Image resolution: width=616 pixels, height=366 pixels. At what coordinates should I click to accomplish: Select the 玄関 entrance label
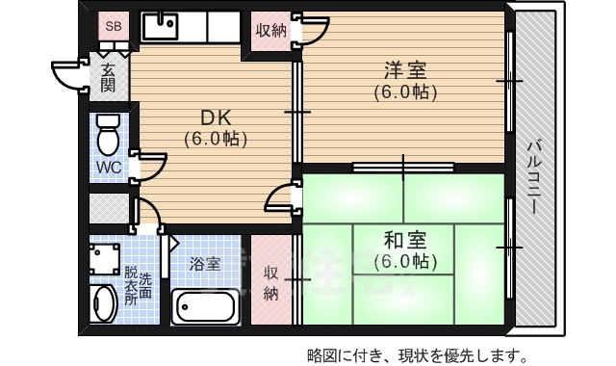(x=108, y=75)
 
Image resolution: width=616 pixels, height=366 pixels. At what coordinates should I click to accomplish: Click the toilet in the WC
(x=108, y=134)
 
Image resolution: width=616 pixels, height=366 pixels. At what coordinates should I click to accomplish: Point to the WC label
(x=108, y=167)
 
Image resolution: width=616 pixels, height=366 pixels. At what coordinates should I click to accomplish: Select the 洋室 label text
(x=405, y=70)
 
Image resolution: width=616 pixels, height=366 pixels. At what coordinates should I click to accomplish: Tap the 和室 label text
(x=404, y=239)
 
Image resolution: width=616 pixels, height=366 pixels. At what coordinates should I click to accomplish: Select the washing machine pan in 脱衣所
(x=105, y=257)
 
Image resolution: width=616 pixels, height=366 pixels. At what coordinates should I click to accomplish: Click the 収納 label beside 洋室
(x=270, y=29)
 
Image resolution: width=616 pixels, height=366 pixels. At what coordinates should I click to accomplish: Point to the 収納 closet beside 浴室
(x=271, y=281)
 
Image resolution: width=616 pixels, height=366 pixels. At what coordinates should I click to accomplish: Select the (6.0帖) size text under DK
(x=217, y=139)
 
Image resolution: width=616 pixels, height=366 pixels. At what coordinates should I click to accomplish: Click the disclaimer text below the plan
(x=416, y=353)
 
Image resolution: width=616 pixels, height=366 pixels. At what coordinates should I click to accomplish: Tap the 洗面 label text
(x=145, y=287)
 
